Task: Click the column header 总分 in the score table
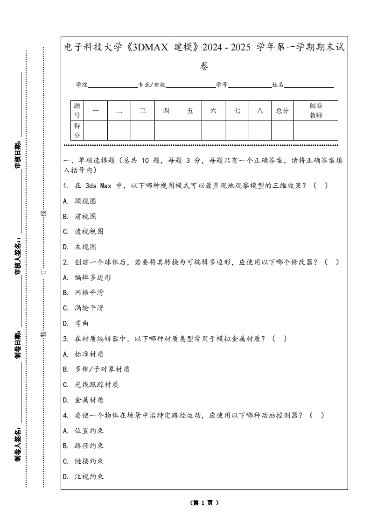point(282,111)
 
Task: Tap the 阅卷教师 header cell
point(316,111)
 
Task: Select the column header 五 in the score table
point(190,111)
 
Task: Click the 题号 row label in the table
point(77,111)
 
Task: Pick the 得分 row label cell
point(77,130)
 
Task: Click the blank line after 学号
point(250,85)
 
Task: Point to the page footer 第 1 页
point(204,503)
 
